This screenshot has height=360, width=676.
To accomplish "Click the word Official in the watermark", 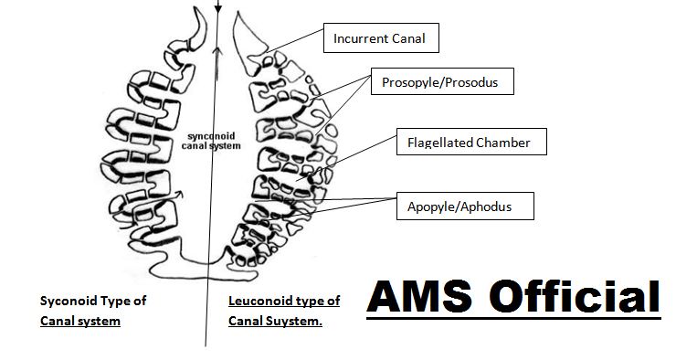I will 575,297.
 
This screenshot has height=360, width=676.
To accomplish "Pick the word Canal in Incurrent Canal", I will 409,39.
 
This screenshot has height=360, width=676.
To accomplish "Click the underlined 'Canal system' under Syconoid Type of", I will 80,321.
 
